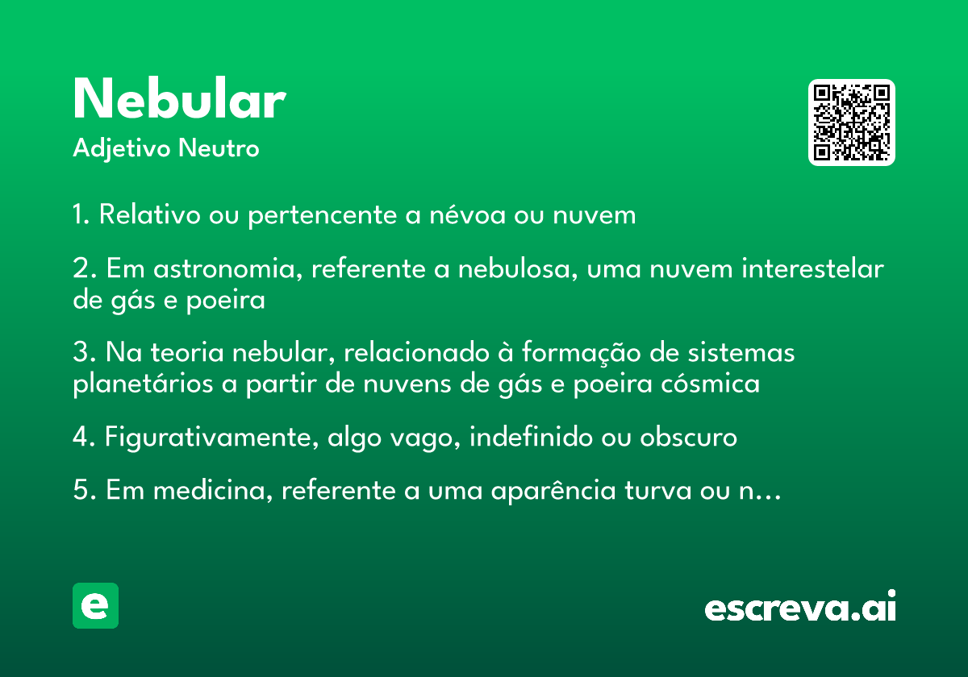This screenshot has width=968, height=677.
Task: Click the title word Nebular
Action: [179, 98]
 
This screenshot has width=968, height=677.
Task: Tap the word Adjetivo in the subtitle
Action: [122, 149]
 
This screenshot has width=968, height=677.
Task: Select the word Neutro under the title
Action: [219, 148]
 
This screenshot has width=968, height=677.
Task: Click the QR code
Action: [851, 123]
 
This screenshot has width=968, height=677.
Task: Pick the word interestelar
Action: [812, 268]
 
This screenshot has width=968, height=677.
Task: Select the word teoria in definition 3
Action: [186, 352]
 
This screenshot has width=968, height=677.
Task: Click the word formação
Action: [582, 353]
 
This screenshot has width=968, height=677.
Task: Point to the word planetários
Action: [143, 384]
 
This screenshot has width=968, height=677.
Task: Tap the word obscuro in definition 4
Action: [688, 437]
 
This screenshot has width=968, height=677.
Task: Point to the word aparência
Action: [553, 491]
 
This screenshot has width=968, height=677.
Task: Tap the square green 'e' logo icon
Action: [95, 605]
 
